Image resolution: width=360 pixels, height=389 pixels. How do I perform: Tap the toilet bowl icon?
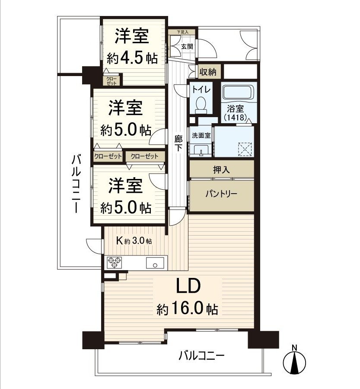coord(201,104)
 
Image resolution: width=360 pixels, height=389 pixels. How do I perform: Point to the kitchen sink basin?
coord(155,262)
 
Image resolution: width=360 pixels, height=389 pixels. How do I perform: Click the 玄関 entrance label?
coord(187,46)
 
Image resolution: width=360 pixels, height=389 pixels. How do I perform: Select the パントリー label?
coord(220,194)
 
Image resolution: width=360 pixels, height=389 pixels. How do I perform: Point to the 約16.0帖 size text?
coord(187,309)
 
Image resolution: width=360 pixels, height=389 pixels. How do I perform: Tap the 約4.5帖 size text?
coord(132,58)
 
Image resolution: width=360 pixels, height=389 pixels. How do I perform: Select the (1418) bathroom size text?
coord(235,117)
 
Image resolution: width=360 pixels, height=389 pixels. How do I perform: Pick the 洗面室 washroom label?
coord(201,135)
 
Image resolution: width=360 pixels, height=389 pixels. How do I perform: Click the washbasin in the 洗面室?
coord(201,149)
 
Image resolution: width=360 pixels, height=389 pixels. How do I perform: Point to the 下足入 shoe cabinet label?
coord(182,32)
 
